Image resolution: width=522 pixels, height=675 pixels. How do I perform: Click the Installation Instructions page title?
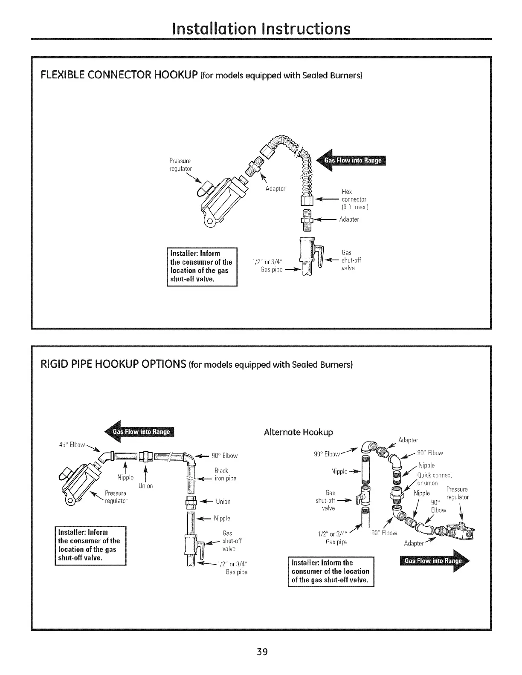[x=261, y=29]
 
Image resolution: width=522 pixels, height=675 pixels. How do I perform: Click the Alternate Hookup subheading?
[x=298, y=432]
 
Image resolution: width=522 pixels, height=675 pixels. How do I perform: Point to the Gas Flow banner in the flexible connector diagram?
[x=354, y=160]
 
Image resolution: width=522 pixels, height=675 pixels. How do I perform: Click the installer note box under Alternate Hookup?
[x=331, y=571]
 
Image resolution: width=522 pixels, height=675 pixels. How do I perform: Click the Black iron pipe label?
[x=225, y=474]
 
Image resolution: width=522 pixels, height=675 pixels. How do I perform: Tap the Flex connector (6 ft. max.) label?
[x=354, y=199]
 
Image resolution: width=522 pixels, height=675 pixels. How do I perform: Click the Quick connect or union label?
[x=434, y=479]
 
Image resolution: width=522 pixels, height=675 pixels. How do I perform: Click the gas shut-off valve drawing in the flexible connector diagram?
[x=310, y=256]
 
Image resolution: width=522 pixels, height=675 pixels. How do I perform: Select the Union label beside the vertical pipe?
[x=223, y=502]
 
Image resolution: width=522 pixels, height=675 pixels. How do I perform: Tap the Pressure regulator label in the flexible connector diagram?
[x=180, y=164]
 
